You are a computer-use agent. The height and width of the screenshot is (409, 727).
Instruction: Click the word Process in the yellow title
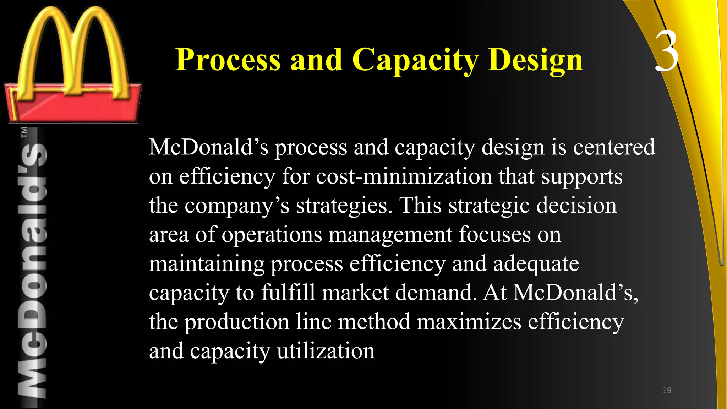coord(228,60)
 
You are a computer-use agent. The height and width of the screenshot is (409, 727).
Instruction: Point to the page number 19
coord(667,390)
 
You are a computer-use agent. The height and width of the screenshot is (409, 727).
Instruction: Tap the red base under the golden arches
coord(73,107)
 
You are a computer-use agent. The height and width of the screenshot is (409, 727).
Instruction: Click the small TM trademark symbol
coord(24,132)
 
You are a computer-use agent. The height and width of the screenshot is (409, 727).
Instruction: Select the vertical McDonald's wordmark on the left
coord(32,270)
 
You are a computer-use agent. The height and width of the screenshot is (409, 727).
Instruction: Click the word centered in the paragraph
coord(614,147)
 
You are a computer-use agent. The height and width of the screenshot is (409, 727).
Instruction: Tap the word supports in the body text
coord(581,177)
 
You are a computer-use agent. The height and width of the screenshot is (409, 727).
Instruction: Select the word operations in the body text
coord(272,235)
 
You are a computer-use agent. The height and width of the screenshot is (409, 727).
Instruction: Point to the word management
coord(390,235)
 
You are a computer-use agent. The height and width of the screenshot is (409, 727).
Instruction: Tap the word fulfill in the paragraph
coord(288,293)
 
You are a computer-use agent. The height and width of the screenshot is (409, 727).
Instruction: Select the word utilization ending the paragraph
coord(326,351)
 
